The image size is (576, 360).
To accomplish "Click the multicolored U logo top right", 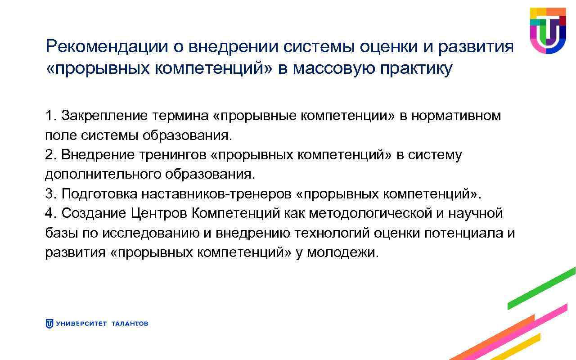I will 547,30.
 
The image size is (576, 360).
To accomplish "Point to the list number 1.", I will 49,116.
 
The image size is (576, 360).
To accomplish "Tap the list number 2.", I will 49,155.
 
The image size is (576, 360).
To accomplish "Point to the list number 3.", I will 49,194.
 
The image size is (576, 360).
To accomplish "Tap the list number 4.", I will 49,213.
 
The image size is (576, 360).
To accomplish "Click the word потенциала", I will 463,233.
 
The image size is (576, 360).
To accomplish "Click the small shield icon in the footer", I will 49,324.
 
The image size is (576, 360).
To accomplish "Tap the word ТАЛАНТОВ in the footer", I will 129,324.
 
